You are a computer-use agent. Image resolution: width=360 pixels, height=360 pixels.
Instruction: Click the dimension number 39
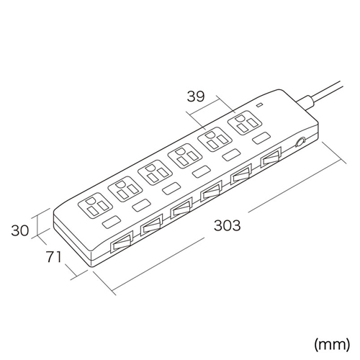196,96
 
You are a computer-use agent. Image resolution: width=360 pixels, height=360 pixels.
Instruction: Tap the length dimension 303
227,225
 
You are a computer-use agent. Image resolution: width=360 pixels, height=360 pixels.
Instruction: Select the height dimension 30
20,230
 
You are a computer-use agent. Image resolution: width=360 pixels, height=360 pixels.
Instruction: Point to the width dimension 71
54,257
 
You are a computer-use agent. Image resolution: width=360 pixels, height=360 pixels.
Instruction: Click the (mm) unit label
332,345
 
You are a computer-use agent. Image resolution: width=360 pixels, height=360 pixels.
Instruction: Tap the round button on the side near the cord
300,142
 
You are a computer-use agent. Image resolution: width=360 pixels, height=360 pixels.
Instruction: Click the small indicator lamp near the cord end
260,105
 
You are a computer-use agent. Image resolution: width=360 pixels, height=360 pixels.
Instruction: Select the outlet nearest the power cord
245,122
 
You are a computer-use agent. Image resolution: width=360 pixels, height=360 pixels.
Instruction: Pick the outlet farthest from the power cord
95,205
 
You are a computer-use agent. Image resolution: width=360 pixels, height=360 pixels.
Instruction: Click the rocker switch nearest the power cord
271,158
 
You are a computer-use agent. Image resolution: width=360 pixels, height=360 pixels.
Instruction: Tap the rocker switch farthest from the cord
122,243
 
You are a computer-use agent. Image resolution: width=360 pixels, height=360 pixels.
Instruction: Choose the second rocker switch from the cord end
241,175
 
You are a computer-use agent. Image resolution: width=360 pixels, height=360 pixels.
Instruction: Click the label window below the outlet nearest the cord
261,138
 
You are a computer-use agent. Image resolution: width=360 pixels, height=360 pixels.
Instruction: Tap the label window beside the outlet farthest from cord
112,222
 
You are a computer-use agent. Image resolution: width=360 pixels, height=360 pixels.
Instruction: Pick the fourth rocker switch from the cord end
181,208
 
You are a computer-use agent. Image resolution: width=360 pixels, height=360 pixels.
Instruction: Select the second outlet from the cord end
215,139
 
